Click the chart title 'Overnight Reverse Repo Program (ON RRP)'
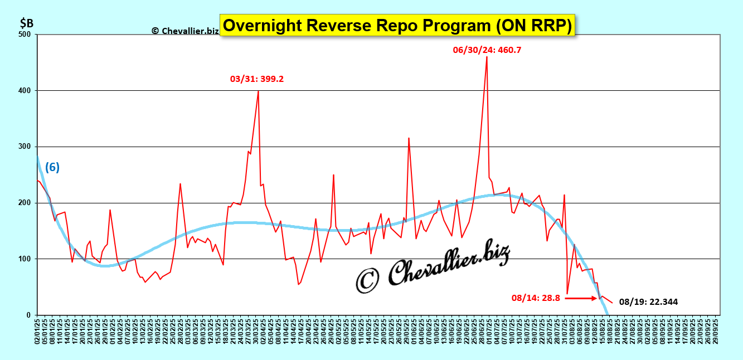pos(397,26)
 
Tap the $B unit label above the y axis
pos(27,23)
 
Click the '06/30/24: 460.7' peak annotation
pos(487,50)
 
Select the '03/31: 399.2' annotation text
pos(257,79)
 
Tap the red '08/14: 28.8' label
pos(535,298)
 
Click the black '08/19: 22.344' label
pos(648,302)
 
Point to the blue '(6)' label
pos(52,167)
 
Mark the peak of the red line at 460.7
pos(487,57)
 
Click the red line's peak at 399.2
pos(258,91)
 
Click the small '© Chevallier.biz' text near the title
pos(185,31)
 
